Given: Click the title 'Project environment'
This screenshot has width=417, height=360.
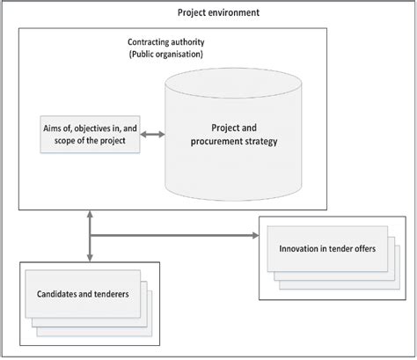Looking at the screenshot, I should click(x=218, y=12).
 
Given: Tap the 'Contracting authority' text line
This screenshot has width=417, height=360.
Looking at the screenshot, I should click(x=170, y=43).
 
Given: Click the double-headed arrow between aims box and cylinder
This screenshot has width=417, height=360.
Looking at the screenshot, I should click(x=155, y=135).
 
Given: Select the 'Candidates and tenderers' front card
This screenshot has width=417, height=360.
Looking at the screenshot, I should click(x=77, y=293).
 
